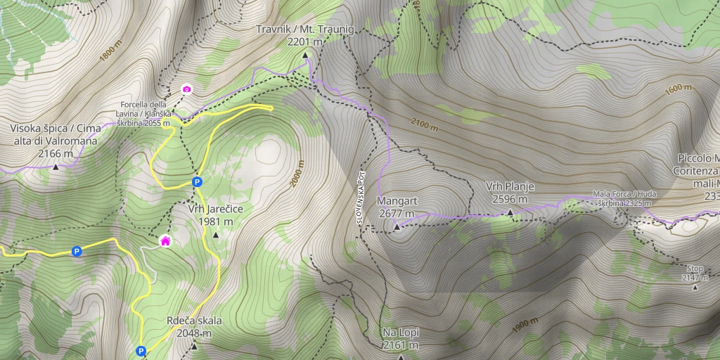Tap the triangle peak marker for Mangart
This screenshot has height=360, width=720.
(x=397, y=226)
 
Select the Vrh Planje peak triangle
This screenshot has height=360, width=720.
(x=510, y=211)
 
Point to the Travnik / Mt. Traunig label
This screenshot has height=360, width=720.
(x=306, y=30)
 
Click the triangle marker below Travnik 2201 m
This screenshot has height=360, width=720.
(x=306, y=54)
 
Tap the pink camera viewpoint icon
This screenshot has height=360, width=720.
(x=186, y=89)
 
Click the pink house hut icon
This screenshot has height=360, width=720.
(x=165, y=241)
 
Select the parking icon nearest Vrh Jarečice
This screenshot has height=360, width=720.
(x=198, y=182)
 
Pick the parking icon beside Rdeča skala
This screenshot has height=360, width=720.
(x=141, y=350)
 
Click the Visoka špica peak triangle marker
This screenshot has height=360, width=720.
(x=56, y=167)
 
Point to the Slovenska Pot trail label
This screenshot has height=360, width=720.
(x=359, y=199)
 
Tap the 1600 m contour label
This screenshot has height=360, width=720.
(x=679, y=89)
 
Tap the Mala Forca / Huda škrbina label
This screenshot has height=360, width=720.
(x=622, y=198)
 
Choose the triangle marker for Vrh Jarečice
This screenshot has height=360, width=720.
(x=215, y=234)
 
